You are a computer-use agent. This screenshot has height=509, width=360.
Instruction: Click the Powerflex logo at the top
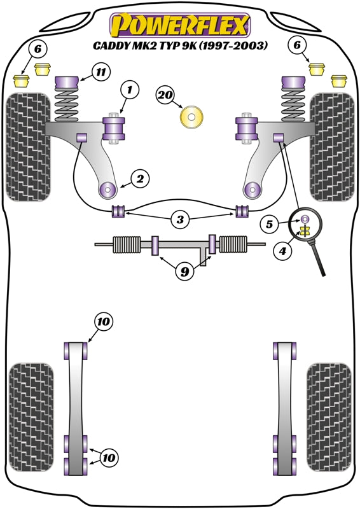(180, 26)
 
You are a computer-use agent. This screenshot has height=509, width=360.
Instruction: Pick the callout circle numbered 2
(140, 179)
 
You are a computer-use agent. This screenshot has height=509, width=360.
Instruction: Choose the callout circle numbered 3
(181, 220)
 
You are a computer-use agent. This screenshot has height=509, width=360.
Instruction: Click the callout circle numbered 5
(270, 224)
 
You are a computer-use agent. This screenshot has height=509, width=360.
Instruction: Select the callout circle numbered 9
(184, 272)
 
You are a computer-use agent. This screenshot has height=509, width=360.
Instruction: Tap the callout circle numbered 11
(100, 72)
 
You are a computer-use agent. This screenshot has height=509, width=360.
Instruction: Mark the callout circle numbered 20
(165, 95)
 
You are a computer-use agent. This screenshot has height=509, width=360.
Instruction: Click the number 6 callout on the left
(38, 48)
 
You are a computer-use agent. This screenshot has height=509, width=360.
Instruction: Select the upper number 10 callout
(103, 323)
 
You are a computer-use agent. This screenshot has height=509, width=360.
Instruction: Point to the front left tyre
(28, 146)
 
